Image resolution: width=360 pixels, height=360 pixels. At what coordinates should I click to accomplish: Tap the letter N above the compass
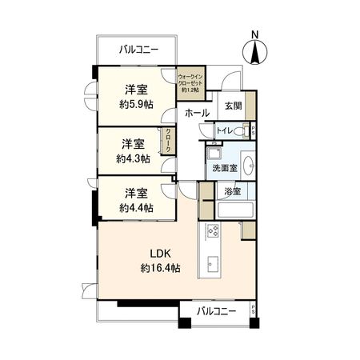254,34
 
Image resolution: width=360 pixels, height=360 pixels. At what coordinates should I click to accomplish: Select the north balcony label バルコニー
138,50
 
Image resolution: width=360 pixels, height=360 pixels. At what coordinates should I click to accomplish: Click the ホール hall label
197,114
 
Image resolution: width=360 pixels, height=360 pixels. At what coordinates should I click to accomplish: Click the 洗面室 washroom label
224,169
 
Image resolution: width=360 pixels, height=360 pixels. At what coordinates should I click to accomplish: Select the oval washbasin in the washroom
247,166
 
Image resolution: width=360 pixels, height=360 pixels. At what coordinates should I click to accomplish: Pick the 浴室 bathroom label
232,192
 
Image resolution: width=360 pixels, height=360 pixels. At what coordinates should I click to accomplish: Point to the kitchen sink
214,265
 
